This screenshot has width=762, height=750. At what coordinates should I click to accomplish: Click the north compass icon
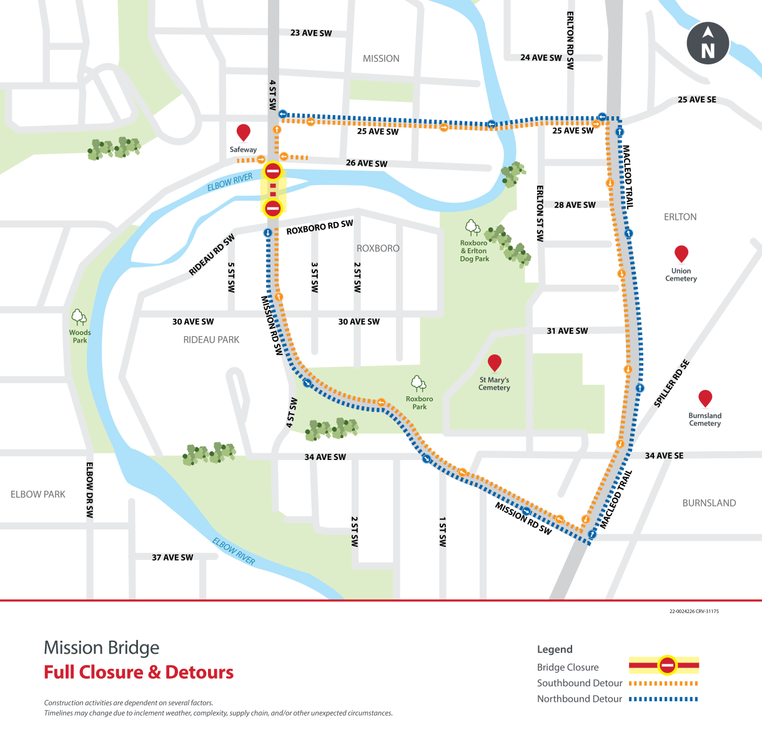point(708,43)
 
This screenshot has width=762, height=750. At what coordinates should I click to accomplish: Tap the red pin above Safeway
point(244,132)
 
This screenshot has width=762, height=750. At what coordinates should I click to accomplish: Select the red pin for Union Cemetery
point(681,253)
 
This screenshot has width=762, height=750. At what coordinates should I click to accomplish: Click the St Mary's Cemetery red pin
point(495,362)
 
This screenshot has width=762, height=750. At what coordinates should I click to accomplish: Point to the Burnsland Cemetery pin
point(705,398)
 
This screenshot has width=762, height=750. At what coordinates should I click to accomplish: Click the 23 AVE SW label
point(311,33)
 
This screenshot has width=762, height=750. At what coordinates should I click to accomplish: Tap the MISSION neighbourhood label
point(381,59)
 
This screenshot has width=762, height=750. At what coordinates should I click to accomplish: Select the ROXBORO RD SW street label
point(320,227)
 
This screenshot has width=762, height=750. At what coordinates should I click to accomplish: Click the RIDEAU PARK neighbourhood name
point(211,340)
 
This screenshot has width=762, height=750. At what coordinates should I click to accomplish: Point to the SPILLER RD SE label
point(671,384)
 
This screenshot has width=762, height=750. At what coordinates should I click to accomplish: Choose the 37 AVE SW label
point(172,557)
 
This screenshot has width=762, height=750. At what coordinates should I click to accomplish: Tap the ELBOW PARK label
point(38,494)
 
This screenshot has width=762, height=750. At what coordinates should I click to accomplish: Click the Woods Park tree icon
point(79,317)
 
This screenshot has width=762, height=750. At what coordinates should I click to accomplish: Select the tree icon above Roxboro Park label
point(418,383)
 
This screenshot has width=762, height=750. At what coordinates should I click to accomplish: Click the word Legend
point(555,649)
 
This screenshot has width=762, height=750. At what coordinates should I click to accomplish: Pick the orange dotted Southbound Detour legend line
point(663,683)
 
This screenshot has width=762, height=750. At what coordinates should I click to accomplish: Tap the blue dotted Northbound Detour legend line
point(663,699)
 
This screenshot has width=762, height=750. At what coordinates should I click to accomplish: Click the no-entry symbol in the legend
point(667,666)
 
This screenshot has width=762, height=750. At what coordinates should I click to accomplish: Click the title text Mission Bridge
point(102,647)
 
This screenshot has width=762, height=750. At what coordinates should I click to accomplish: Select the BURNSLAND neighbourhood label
point(709,503)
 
